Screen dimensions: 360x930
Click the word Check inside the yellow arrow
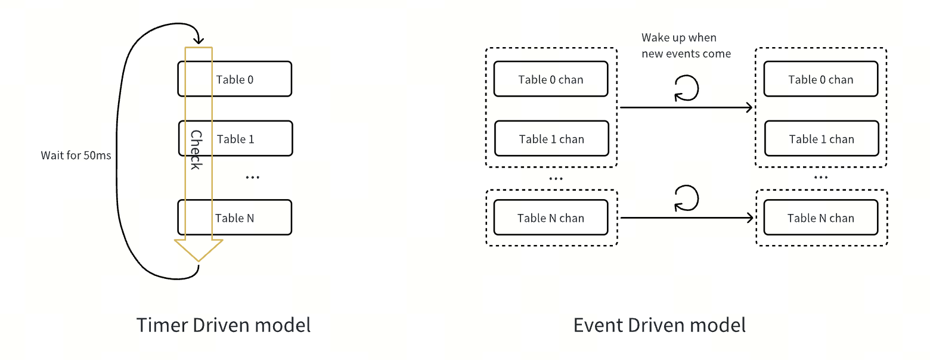pos(196,150)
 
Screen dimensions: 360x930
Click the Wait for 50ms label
pos(76,156)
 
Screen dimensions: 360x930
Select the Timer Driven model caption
pos(224,325)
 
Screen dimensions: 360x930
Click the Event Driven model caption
pos(659,325)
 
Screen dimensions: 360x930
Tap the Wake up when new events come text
pos(686,46)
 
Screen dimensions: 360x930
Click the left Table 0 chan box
pos(551,79)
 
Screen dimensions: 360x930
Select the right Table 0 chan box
pos(820,79)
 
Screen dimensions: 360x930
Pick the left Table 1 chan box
pos(551,139)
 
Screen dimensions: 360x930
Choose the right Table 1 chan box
pos(821,139)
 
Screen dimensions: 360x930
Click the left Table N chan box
pos(551,218)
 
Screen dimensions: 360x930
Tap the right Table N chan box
pos(820,218)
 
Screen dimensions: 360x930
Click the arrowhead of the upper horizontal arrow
pos(750,108)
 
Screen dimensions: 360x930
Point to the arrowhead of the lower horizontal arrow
pos(750,218)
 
